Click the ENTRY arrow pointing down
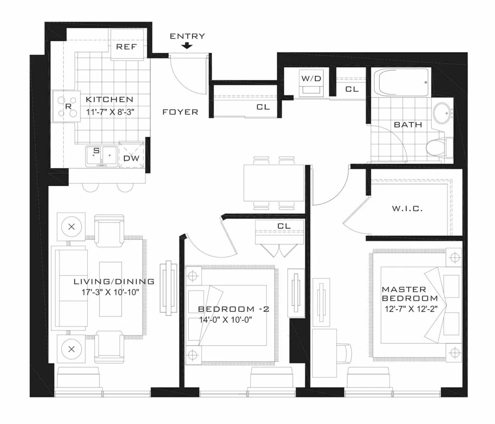pos(187,46)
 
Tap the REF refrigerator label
pos(126,47)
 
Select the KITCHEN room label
pos(109,99)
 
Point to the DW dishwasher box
pos(132,158)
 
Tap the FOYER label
pos(180,112)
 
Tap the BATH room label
pos(408,124)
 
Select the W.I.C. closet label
pos(407,209)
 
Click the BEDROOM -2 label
pos(233,309)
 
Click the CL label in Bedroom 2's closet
pos(284,226)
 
